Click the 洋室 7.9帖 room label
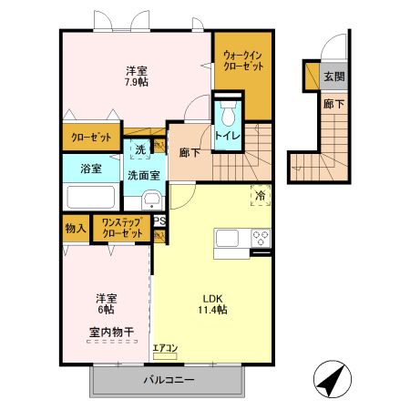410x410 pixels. point(136,75)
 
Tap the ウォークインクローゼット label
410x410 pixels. point(243,61)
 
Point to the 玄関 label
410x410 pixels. point(334,77)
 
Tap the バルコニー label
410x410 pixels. point(168,380)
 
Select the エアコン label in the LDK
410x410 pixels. point(166,348)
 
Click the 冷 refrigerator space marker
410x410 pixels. point(260,195)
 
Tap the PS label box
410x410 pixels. point(159,220)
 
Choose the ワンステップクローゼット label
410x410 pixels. point(123,228)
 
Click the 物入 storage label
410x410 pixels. point(76,228)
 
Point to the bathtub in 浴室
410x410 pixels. point(89,198)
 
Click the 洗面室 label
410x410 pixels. point(142,175)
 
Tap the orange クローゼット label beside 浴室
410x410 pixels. point(91,138)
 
